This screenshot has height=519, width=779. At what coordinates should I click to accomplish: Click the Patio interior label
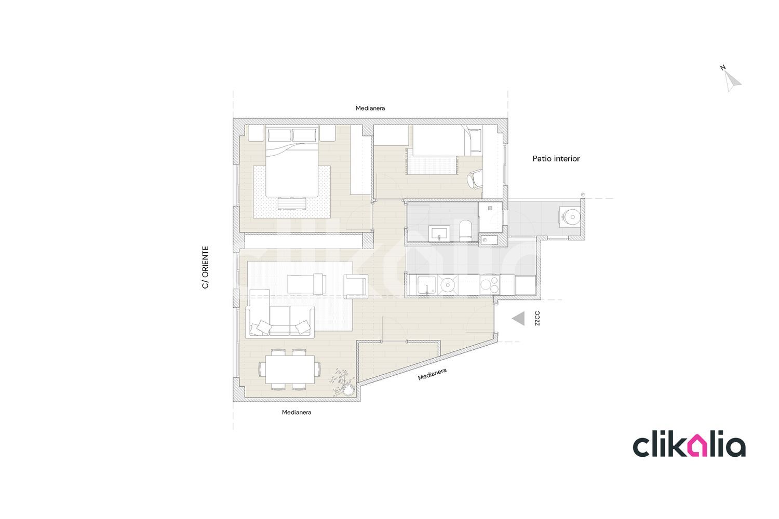click(556, 159)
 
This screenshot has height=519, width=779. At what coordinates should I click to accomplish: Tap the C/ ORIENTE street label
click(206, 267)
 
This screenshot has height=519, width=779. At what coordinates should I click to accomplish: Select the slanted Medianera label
click(432, 374)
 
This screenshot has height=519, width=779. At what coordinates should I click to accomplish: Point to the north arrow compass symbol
click(732, 79)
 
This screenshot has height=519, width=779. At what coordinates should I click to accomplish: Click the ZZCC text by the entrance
click(538, 318)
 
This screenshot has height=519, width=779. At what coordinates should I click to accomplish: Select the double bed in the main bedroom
click(292, 161)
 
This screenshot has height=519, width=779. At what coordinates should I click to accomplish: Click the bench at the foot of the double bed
click(292, 203)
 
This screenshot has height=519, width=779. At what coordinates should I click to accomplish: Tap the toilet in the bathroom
click(465, 230)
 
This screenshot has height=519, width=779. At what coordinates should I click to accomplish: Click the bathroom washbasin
click(439, 233)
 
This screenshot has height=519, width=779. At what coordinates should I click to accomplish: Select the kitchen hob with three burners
click(490, 285)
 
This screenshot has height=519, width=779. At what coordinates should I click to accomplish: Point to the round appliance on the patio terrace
click(570, 217)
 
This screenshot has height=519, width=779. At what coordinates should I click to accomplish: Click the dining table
click(290, 370)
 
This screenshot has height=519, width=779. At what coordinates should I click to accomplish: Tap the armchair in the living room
click(356, 286)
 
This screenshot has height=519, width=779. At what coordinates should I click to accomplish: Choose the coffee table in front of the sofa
click(306, 284)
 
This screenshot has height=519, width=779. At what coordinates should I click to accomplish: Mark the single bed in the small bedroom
click(439, 141)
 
